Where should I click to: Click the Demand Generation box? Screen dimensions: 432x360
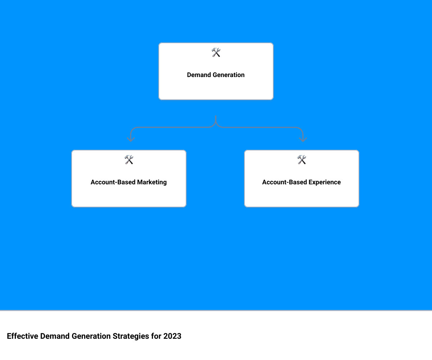216,71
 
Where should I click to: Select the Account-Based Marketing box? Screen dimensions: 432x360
129,178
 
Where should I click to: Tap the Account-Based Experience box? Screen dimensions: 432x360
301,178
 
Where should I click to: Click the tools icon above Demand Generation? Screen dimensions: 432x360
216,52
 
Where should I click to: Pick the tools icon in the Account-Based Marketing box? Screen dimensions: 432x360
129,159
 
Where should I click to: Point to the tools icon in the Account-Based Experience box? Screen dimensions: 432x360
301,159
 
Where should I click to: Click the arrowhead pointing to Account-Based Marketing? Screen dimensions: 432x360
131,139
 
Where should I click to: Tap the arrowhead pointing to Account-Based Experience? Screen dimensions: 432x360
303,139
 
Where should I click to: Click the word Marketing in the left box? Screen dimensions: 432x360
152,182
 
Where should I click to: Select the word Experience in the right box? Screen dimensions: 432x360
324,182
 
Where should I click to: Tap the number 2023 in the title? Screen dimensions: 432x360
172,336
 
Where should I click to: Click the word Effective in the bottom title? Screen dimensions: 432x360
23,336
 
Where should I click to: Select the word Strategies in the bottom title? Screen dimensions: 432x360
131,336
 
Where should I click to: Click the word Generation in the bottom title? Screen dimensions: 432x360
91,336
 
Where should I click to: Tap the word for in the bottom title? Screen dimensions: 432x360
156,336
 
